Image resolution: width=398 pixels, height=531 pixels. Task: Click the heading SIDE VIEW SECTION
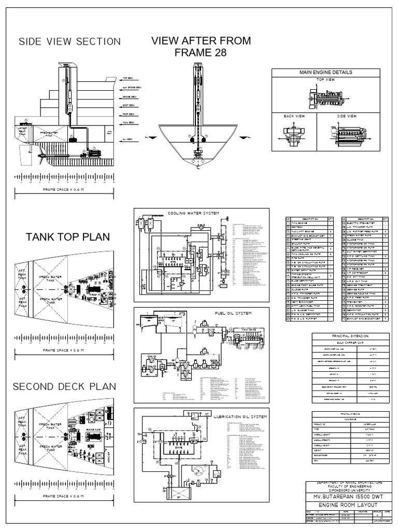[69, 41]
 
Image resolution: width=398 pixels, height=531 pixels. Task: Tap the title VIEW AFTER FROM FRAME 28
[193, 46]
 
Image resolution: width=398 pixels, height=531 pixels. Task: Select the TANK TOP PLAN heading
[68, 237]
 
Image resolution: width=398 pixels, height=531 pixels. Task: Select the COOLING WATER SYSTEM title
[193, 213]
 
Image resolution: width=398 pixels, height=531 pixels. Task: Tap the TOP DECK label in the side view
[127, 78]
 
